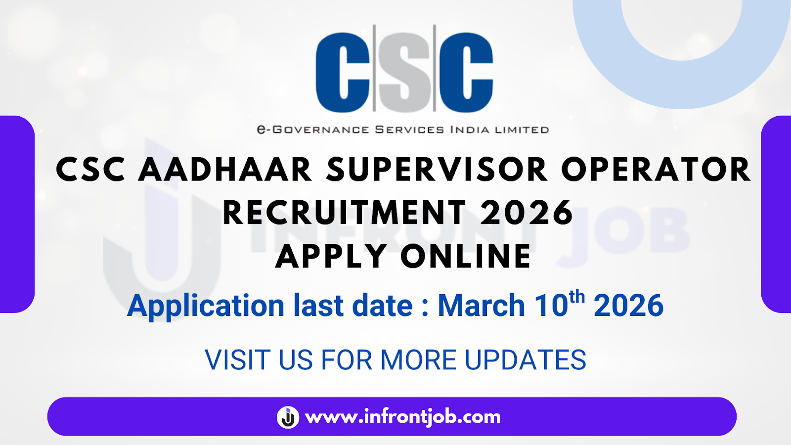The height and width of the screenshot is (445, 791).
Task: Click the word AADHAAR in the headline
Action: point(225,170)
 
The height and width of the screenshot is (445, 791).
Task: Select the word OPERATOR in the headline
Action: point(656,170)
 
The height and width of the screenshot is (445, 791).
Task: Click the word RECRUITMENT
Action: point(345,213)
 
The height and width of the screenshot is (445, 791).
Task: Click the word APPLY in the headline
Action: point(331,256)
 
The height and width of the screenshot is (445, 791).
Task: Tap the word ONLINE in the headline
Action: point(466,256)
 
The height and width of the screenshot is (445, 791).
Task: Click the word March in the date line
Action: point(482,306)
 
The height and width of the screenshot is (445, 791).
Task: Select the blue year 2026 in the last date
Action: point(628,306)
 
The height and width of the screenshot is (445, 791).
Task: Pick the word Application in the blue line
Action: point(206,307)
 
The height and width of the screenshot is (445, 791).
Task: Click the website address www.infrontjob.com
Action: point(403,417)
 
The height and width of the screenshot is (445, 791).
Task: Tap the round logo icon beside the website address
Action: point(288,417)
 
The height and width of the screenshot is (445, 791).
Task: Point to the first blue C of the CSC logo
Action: point(343,73)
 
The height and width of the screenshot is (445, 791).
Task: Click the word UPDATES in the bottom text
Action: point(526,360)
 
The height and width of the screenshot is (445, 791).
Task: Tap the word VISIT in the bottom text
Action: point(238,360)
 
